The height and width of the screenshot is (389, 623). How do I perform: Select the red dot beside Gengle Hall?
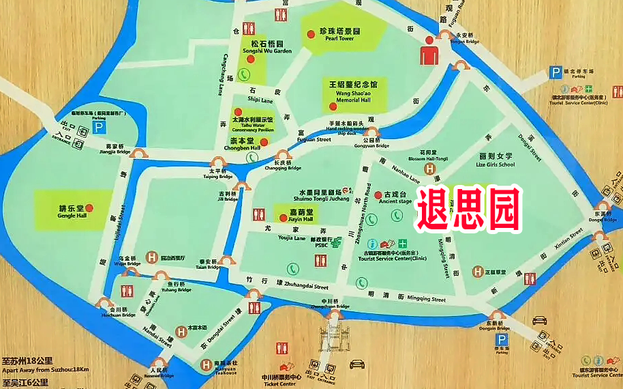pyautogui.click(x=89, y=207)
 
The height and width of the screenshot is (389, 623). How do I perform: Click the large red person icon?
pyautogui.click(x=429, y=53)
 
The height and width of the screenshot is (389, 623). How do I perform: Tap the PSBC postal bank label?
pyautogui.click(x=322, y=243)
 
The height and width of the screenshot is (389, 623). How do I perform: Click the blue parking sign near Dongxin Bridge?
pyautogui.click(x=502, y=340)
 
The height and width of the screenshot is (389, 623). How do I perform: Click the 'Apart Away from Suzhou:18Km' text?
pyautogui.click(x=46, y=369)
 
